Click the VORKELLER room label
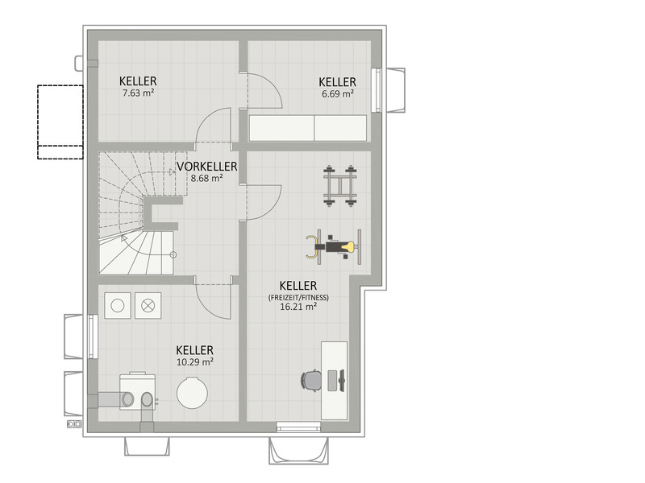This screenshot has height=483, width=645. point(207,167)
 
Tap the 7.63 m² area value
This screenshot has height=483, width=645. point(138,93)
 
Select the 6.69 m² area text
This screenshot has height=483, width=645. point(338,93)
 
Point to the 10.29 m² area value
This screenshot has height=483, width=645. point(195,361)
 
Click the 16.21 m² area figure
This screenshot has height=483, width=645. point(298,307)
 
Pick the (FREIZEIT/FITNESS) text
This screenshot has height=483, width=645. point(298,297)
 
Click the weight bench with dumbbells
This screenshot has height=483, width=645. point(339,186)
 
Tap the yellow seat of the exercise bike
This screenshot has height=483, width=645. point(349,247)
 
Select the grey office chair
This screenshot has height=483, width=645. point(311,380)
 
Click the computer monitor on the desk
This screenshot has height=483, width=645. point(340,380)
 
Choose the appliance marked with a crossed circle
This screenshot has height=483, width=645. point(148,306)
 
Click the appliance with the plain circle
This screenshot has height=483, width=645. point(118,306)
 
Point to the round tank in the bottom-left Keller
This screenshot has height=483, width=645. point(192,393)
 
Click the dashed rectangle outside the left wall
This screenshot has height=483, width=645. point(60,122)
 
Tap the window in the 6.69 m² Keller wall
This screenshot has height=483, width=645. point(376,90)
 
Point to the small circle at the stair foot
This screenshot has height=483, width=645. point(173,254)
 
